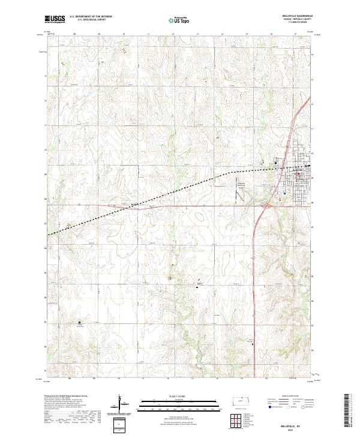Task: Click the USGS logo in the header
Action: (x=55, y=19)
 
